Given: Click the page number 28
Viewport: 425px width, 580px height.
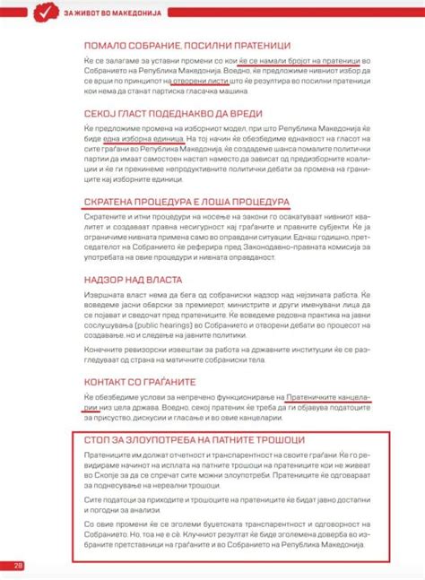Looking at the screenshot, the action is pos(18,565).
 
